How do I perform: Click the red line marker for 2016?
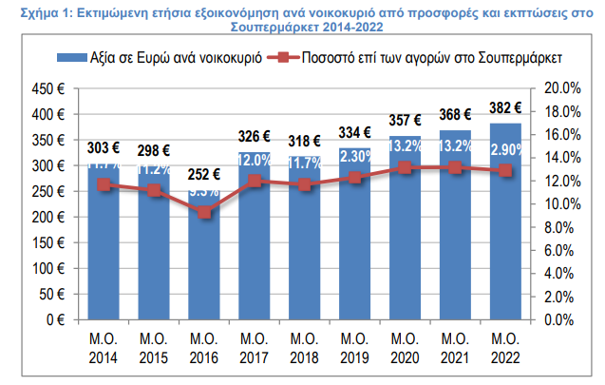tap(203, 212)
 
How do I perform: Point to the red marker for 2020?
tap(405, 167)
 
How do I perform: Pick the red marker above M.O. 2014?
tap(104, 185)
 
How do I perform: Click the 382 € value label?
tap(504, 106)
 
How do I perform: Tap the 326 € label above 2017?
tap(254, 136)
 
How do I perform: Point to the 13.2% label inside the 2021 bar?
tap(455, 145)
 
